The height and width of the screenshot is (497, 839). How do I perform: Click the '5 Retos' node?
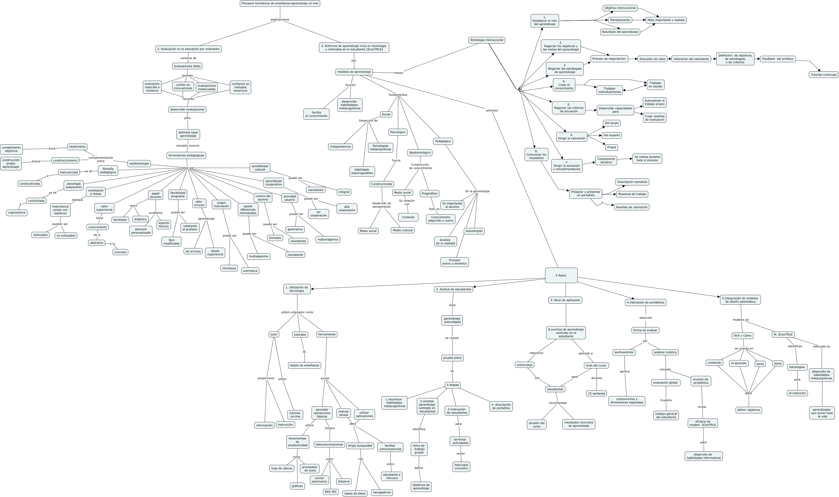(561, 275)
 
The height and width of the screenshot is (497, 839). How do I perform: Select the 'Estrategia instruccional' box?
(487, 40)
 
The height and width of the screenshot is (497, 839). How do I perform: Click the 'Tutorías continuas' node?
(823, 75)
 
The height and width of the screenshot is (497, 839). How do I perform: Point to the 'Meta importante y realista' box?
(666, 20)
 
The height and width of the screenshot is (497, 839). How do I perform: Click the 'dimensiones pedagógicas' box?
(186, 155)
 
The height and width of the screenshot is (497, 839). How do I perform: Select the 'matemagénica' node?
(327, 240)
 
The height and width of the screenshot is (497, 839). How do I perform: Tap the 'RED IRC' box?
(330, 492)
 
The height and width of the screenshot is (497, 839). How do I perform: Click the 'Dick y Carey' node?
(742, 336)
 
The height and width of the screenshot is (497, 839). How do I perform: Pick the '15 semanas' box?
(596, 394)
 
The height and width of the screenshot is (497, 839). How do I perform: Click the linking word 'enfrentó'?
(491, 111)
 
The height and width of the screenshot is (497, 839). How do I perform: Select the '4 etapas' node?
(453, 385)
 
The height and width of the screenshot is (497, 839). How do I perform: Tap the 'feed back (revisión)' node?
(461, 467)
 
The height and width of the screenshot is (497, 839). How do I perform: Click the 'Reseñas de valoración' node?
(631, 207)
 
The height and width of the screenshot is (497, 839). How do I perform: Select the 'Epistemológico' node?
(420, 153)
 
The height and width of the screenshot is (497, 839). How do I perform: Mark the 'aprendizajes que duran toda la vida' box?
(822, 413)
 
